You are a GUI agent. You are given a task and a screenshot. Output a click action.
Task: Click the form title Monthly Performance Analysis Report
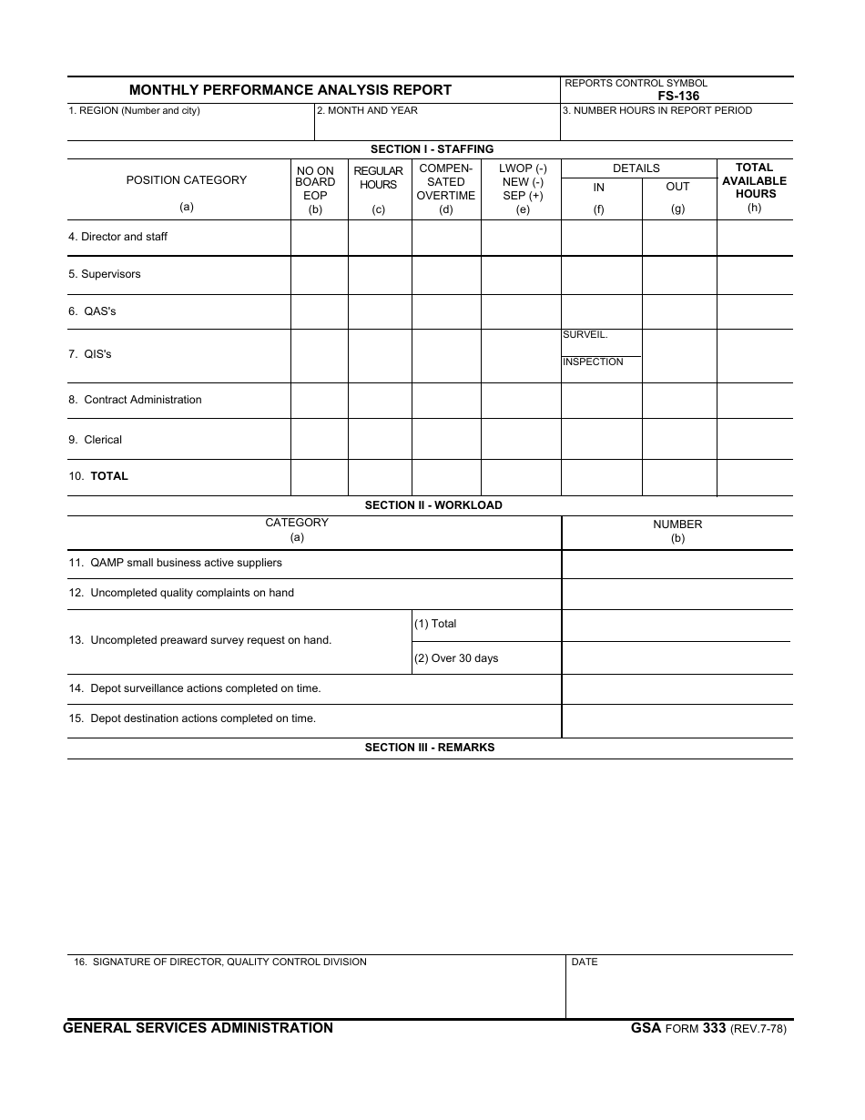[290, 90]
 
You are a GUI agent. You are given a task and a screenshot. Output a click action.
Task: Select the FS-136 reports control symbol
[679, 96]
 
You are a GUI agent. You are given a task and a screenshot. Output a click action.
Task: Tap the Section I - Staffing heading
[432, 149]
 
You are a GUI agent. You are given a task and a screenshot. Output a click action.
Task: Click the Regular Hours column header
[379, 178]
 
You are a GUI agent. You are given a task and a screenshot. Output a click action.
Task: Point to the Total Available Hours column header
[754, 180]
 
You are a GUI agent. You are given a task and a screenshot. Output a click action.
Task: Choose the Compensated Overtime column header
[446, 182]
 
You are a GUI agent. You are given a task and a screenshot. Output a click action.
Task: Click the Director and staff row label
[117, 237]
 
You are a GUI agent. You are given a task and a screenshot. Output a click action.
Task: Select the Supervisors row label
[105, 274]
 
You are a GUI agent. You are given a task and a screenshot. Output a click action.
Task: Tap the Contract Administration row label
[135, 400]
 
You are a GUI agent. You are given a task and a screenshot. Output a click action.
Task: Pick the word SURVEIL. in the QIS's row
[585, 335]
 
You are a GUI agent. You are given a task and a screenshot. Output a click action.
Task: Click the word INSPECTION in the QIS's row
[593, 362]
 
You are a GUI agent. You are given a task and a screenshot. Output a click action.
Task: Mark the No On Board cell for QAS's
[319, 311]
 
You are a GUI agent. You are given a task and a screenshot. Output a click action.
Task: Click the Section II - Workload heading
[433, 505]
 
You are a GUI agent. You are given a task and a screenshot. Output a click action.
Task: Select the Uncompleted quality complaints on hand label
[181, 593]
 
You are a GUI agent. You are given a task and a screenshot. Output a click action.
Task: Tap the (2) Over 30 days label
[456, 658]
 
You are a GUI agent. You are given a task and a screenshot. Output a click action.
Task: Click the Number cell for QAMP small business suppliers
[677, 564]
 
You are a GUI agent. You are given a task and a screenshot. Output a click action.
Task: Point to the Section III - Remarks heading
[430, 748]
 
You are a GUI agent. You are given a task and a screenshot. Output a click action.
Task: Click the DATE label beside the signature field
[585, 962]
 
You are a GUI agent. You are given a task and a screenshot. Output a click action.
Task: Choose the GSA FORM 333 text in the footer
[678, 1029]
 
